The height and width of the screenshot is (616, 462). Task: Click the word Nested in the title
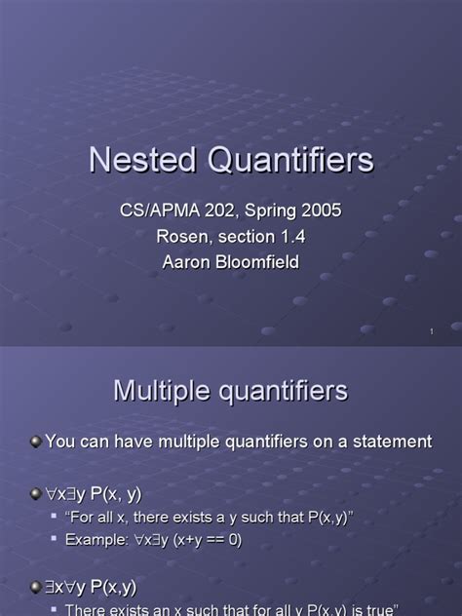(x=136, y=160)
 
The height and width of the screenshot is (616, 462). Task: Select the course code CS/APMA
(x=156, y=211)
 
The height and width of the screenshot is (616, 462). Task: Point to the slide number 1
(x=430, y=333)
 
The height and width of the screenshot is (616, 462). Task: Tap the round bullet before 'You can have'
(x=36, y=442)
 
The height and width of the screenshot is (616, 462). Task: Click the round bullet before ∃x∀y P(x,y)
(x=36, y=587)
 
